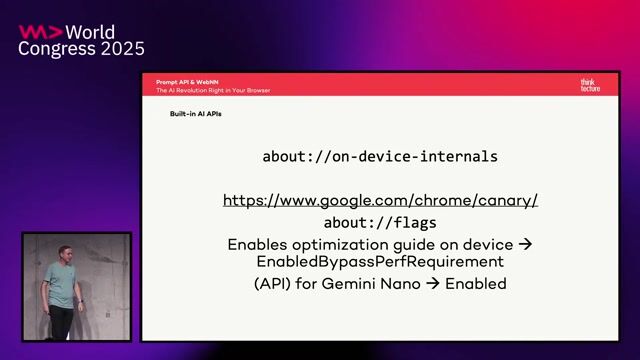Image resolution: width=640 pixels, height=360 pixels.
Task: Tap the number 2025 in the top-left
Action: tap(119, 49)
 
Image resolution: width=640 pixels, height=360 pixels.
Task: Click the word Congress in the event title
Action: tap(54, 49)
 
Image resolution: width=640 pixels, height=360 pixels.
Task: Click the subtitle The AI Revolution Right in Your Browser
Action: tap(212, 90)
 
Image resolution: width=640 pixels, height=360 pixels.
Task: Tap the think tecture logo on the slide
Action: tap(591, 85)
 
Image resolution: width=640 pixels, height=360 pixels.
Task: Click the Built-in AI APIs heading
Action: tap(195, 114)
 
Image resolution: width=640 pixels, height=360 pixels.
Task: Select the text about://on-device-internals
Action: tap(380, 157)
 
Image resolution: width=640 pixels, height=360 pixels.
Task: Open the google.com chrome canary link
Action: tap(380, 200)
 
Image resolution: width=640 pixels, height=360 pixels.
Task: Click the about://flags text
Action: tap(380, 223)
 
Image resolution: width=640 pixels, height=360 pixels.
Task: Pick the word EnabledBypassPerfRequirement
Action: tap(380, 262)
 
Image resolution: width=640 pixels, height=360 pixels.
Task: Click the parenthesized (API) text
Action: tap(272, 284)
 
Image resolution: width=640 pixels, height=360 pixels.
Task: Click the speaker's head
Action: tap(65, 252)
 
